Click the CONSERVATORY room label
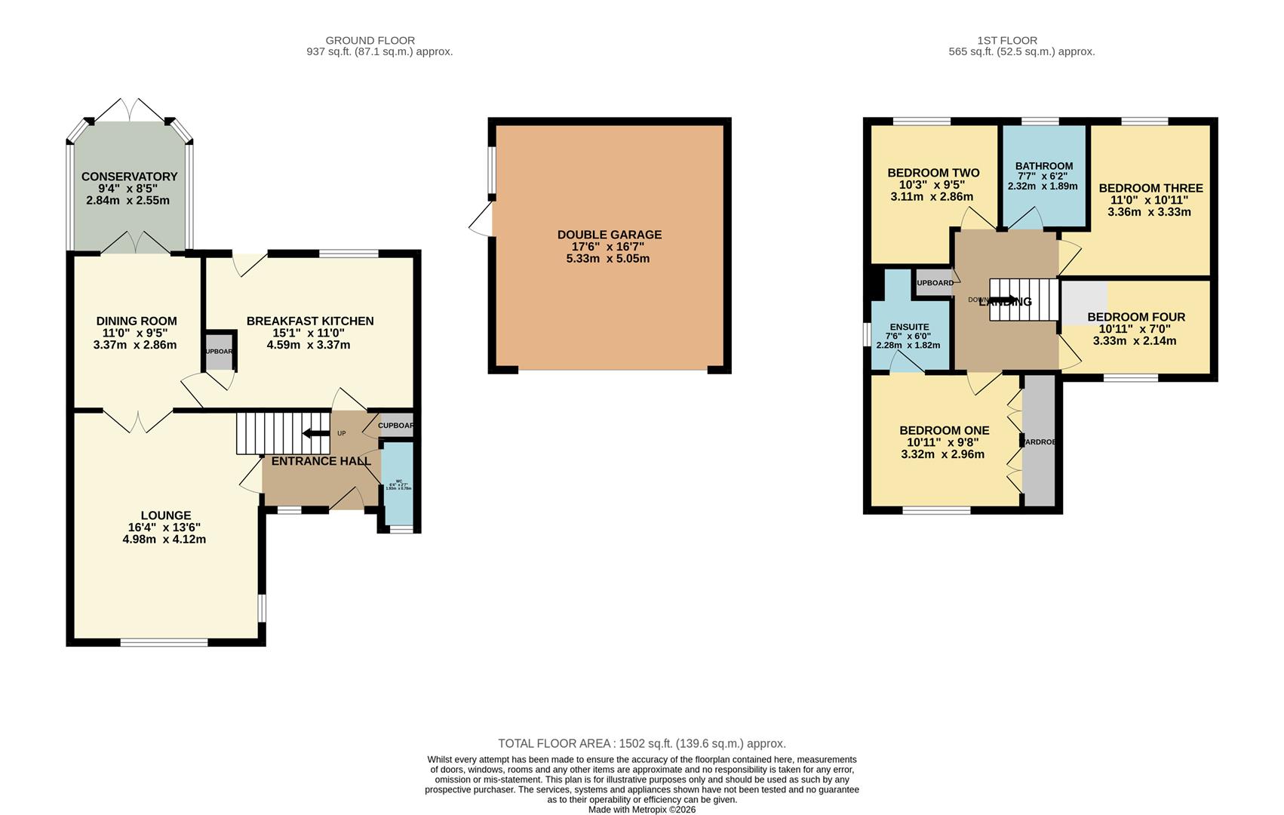point(129,177)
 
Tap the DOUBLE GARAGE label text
point(609,235)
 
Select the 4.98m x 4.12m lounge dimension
point(164,540)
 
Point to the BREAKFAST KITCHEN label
point(310,321)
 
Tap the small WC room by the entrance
point(398,483)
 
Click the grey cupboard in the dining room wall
point(220,352)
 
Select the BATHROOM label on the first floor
point(1043,166)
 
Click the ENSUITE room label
point(908,327)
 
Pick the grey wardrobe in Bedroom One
point(1040,441)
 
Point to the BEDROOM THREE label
point(1150,188)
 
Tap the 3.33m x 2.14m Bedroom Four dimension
point(1134,341)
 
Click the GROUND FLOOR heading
point(370,40)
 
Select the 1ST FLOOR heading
point(1006,40)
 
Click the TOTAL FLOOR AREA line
point(641,743)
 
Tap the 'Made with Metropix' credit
point(641,810)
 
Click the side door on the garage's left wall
point(481,219)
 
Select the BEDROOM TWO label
point(933,173)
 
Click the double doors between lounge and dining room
point(138,420)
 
